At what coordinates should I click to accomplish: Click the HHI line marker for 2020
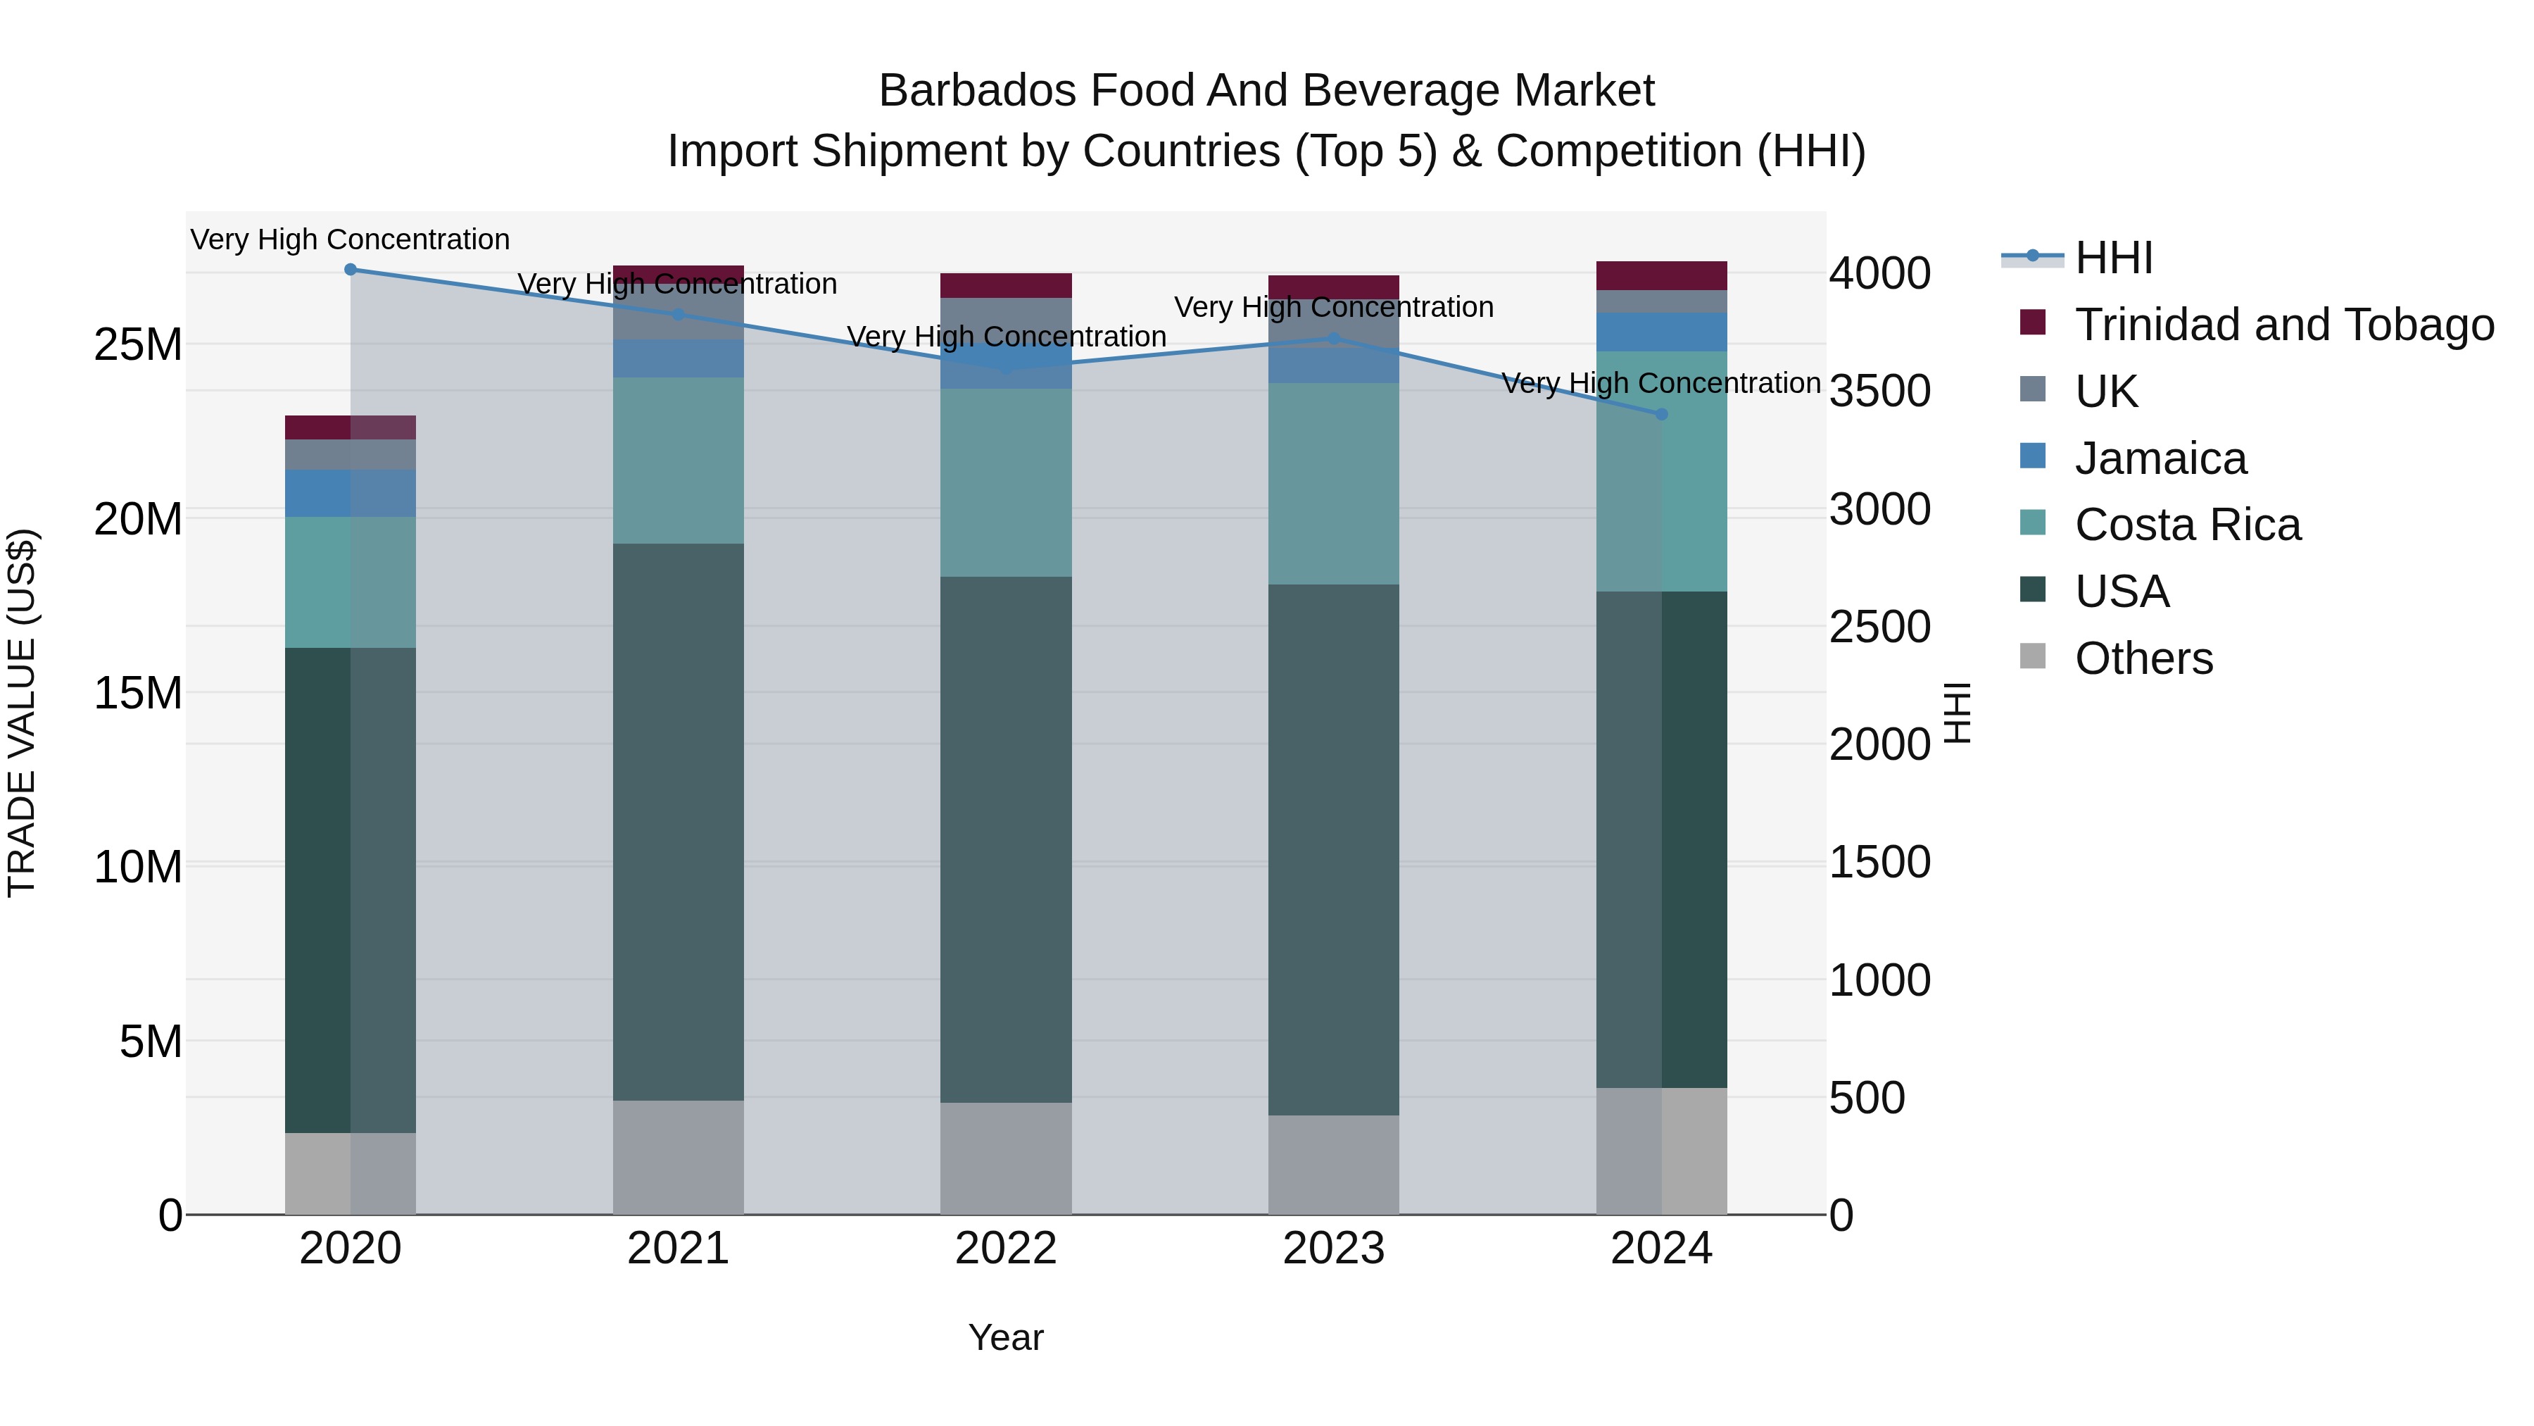[x=351, y=270]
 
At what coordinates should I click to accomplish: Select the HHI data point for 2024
[x=1661, y=414]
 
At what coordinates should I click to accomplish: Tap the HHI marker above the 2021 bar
[x=678, y=315]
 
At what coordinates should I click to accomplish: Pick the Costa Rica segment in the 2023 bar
[x=1333, y=483]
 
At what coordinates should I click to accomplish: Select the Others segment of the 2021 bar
[x=678, y=1156]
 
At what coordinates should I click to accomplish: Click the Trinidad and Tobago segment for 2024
[x=1661, y=275]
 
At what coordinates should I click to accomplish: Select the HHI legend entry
[x=2113, y=258]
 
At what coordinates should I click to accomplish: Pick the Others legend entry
[x=2143, y=658]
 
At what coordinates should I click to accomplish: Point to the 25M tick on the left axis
[x=139, y=344]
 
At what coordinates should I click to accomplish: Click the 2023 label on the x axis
[x=1333, y=1249]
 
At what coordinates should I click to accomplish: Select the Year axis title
[x=1005, y=1337]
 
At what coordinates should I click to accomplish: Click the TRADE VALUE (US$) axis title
[x=22, y=713]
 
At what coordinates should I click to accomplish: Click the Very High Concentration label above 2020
[x=351, y=239]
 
